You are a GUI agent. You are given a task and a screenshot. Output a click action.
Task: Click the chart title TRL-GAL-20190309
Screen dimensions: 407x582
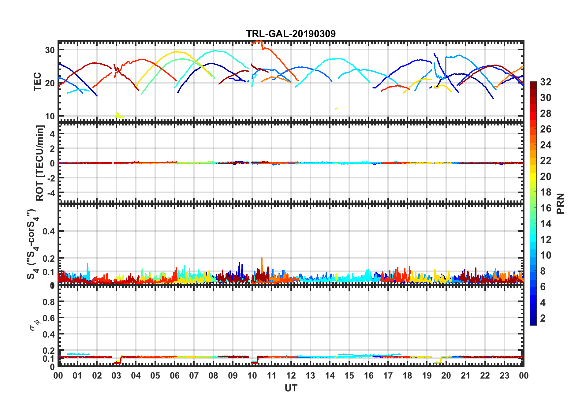pos(291,33)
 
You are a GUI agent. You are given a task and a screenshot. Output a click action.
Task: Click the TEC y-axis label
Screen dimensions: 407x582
pos(37,81)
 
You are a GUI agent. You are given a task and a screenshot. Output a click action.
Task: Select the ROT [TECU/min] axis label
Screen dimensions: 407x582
pos(40,163)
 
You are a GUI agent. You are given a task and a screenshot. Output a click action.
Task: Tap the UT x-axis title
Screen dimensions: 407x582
pos(291,388)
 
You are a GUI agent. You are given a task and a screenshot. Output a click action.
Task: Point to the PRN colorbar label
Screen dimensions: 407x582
pos(560,203)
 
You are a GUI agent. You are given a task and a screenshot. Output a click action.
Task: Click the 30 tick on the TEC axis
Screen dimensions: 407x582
pos(50,50)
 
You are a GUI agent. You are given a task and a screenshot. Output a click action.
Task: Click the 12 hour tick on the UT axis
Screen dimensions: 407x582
pos(291,375)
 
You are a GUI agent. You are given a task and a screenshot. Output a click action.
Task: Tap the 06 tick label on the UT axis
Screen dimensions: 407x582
pos(174,375)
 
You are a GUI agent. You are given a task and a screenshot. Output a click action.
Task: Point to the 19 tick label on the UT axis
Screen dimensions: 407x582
pos(427,375)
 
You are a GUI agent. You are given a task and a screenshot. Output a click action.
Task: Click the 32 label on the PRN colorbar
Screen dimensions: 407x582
pos(546,82)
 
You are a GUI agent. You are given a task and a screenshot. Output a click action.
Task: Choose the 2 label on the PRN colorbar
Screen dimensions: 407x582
pos(543,318)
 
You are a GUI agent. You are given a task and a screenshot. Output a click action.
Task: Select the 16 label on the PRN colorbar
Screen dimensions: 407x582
pos(546,208)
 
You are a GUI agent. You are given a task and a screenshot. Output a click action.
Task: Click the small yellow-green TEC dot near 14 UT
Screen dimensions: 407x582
pos(336,108)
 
